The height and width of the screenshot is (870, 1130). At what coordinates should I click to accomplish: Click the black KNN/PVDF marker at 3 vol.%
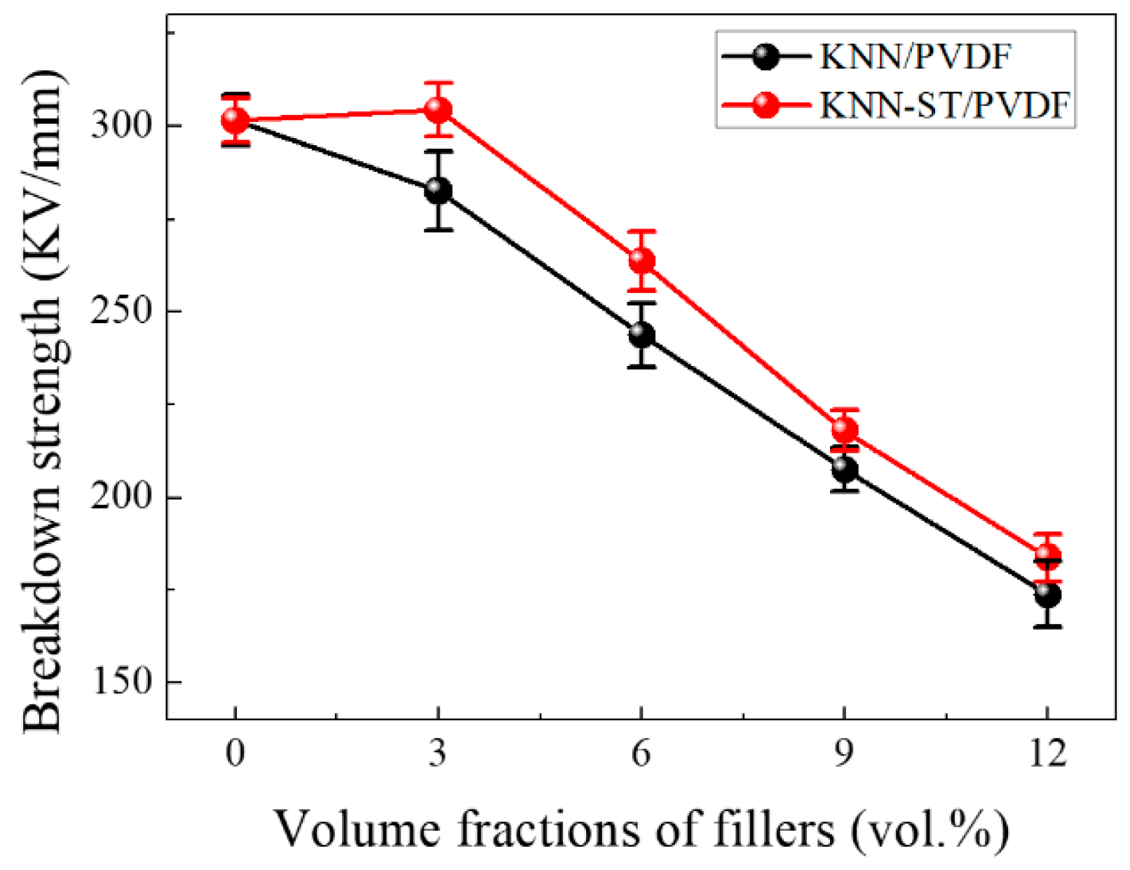click(x=438, y=190)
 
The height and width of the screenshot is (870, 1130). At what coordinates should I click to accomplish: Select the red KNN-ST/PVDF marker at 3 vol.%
click(x=438, y=109)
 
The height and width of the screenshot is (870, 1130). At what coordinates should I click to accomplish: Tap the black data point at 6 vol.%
click(x=641, y=334)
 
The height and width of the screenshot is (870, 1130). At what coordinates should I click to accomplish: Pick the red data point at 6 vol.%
click(x=641, y=261)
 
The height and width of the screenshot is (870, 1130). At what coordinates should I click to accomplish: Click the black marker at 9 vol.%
click(x=845, y=468)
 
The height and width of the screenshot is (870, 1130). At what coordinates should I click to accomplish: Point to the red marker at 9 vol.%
click(x=845, y=429)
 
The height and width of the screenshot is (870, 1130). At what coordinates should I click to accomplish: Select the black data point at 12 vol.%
click(x=1047, y=594)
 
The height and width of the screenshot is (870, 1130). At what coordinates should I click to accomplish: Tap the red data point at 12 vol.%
click(x=1047, y=557)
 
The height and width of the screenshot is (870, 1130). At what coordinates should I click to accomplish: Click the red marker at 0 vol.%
click(x=235, y=121)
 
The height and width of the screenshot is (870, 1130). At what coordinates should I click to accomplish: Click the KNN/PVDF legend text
click(x=915, y=57)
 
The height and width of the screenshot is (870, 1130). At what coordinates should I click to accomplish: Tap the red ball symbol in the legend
click(x=766, y=105)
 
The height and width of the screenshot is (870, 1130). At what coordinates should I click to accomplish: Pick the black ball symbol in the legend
click(x=766, y=57)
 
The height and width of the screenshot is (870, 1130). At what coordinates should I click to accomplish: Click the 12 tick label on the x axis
click(x=1047, y=754)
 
